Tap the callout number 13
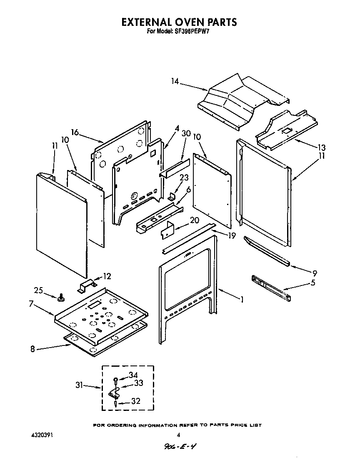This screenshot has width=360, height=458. [321, 148]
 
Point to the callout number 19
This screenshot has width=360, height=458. [232, 236]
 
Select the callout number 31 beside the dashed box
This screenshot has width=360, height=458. [79, 385]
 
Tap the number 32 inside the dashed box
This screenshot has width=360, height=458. [135, 401]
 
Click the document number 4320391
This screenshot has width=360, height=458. [42, 435]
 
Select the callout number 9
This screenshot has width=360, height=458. [315, 273]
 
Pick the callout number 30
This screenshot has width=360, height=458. [186, 133]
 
